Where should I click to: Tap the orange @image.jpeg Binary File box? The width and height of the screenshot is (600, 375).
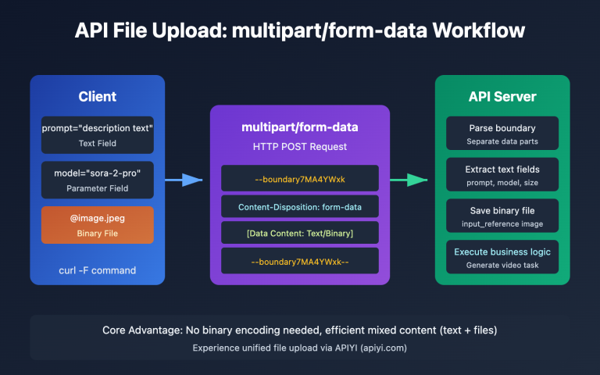click(98, 225)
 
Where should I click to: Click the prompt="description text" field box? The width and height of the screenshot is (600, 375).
click(98, 134)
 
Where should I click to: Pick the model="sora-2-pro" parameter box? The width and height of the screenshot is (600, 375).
click(98, 180)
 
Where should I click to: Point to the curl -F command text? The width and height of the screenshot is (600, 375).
click(98, 270)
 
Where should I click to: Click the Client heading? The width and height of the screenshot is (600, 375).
click(98, 97)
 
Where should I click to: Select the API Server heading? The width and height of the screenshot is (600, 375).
click(502, 97)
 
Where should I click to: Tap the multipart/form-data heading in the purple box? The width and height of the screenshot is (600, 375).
click(300, 128)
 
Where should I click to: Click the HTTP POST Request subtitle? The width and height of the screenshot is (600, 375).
click(300, 146)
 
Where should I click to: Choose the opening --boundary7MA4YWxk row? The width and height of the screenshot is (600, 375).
click(300, 179)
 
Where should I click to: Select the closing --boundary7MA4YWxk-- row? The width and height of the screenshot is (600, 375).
click(300, 261)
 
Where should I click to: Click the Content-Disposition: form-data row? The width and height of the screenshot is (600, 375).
click(300, 207)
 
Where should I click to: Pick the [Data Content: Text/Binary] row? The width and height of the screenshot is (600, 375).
click(300, 233)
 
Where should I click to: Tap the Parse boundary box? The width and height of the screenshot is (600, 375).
click(502, 134)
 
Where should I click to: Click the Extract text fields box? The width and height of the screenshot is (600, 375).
click(502, 175)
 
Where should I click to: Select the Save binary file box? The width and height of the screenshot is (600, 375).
click(502, 216)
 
